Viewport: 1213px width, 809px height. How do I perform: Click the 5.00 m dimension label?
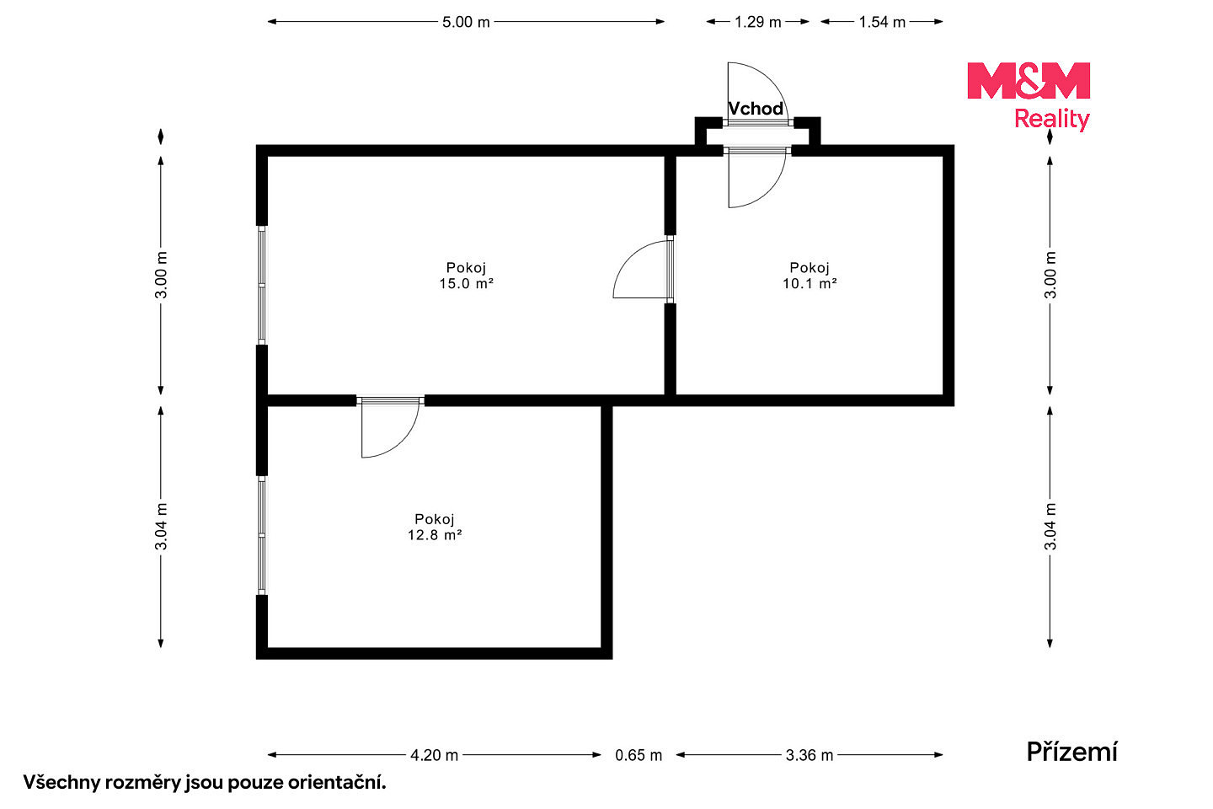pos(466,22)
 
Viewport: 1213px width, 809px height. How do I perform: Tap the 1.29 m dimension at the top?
pos(757,22)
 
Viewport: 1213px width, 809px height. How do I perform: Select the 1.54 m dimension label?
pos(882,22)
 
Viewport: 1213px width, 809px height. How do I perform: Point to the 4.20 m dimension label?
pos(435,755)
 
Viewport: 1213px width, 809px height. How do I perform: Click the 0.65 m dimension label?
pos(639,755)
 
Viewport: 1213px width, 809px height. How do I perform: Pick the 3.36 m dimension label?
pos(810,755)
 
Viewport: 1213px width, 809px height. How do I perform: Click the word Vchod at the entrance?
pos(756,109)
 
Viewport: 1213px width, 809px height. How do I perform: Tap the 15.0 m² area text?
pos(467,283)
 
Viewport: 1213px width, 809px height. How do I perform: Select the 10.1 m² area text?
pos(810,283)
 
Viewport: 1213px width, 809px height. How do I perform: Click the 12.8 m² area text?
pos(435,535)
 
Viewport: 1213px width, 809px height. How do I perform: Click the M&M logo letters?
pos(1029,81)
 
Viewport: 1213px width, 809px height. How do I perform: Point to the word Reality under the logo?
pos(1051,120)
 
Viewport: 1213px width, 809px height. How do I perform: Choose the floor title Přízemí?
pos(1071,752)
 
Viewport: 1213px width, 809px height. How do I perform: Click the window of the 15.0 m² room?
pos(261,285)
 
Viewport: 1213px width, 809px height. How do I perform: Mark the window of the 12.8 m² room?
pos(261,535)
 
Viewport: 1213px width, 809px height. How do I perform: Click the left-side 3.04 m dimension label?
pos(162,527)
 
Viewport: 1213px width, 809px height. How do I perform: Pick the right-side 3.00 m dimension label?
pos(1050,276)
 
